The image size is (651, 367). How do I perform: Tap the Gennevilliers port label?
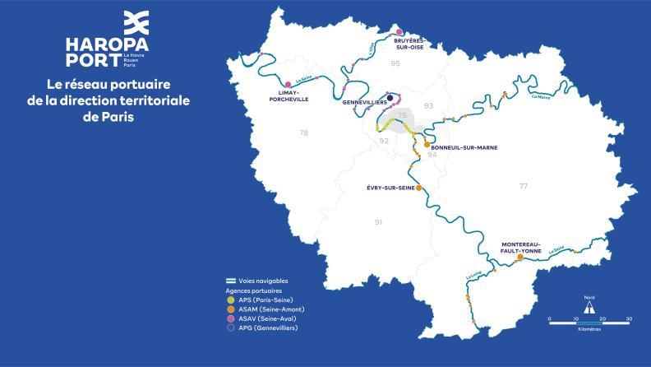click(364, 104)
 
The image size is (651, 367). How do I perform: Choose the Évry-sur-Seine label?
click(390, 188)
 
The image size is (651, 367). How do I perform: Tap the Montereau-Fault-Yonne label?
click(526, 247)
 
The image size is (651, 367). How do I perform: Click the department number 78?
click(303, 132)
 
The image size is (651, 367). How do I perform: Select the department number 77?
click(524, 187)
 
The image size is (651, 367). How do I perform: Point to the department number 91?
click(378, 222)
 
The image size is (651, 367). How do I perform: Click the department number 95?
click(395, 63)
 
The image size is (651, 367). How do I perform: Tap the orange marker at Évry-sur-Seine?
click(419, 188)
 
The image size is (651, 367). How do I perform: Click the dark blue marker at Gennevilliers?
click(390, 96)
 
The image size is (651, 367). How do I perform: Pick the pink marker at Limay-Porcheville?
click(287, 84)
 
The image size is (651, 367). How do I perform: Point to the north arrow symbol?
click(589, 306)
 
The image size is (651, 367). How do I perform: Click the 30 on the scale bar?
click(629, 318)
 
